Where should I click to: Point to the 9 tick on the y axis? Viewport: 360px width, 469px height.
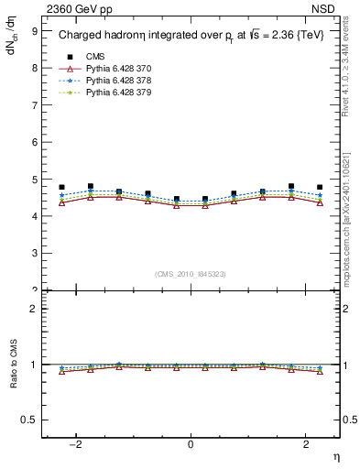pyautogui.click(x=34, y=30)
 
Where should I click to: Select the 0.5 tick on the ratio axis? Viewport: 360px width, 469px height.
pyautogui.click(x=29, y=420)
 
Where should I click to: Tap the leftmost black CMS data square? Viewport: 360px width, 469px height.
pyautogui.click(x=61, y=187)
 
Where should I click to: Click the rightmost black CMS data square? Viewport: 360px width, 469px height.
pyautogui.click(x=320, y=187)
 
